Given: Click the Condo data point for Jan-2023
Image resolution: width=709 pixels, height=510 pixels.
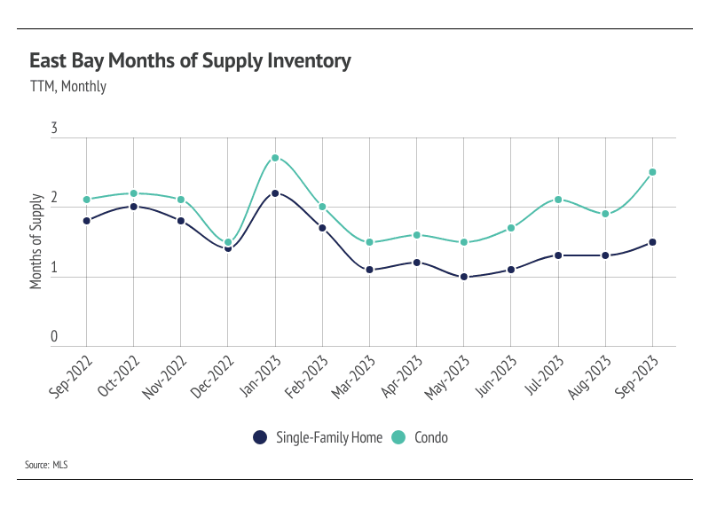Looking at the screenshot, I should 275,158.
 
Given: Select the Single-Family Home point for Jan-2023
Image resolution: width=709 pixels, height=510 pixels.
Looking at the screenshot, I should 275,192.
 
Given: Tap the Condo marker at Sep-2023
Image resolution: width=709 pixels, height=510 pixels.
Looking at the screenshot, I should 653,172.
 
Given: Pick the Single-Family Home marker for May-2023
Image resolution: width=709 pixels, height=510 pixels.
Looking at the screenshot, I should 464,277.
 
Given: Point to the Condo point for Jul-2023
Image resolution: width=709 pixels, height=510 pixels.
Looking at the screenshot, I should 559,200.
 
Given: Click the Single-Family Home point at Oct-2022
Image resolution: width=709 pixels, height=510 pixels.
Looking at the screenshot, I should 133,207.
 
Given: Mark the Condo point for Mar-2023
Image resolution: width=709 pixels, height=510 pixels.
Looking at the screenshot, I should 369,242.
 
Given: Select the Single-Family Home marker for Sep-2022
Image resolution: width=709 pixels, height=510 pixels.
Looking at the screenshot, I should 86,221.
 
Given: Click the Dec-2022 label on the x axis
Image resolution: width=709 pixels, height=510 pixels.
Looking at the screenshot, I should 210,378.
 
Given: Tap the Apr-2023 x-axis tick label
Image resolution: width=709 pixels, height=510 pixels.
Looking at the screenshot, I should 400,378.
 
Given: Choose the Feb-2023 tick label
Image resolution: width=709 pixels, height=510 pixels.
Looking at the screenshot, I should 305,378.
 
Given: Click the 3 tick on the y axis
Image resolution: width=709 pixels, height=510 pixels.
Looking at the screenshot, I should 54,129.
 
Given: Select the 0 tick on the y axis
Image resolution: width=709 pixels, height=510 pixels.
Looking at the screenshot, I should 54,337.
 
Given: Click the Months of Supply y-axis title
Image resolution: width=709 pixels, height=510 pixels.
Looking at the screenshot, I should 36,241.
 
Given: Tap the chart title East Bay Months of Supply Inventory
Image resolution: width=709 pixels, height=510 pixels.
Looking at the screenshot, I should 190,61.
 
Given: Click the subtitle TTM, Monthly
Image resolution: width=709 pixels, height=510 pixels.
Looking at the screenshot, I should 67,87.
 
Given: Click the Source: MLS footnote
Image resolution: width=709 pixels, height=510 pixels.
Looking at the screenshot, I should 48,464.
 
